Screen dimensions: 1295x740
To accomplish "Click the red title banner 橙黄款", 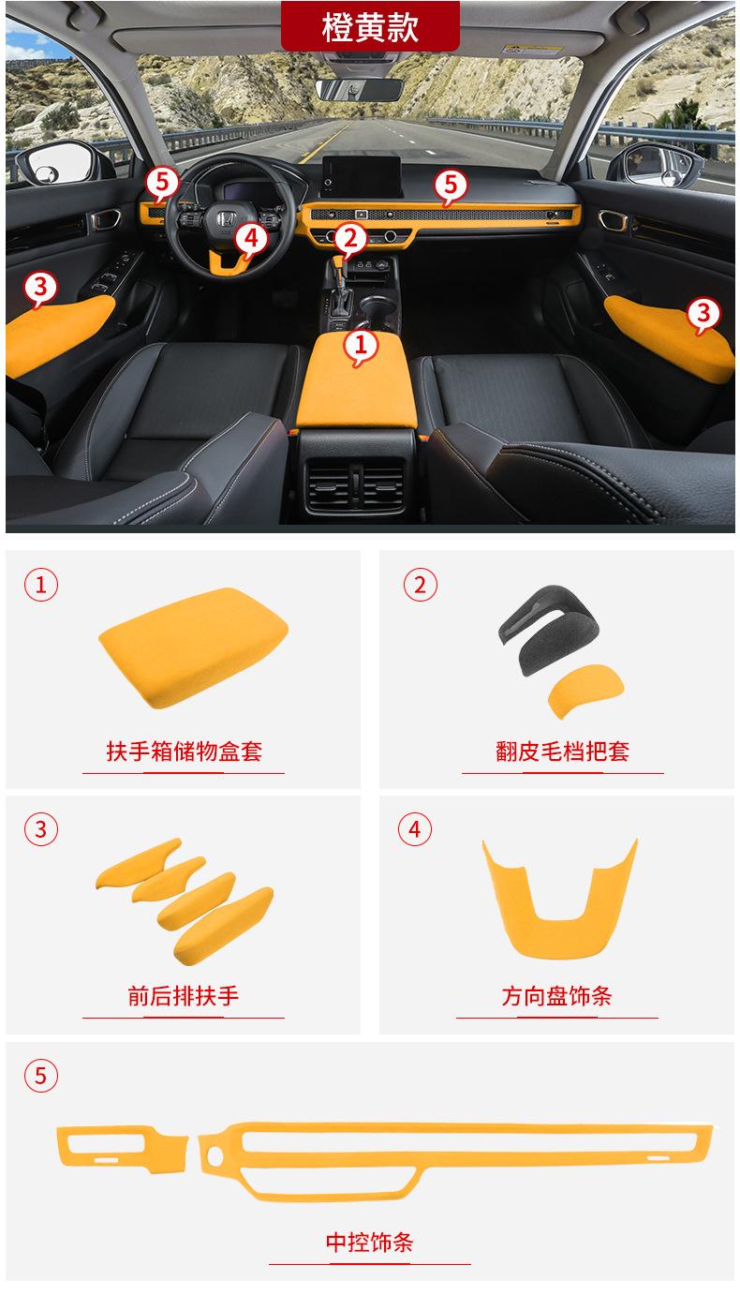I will [370, 26].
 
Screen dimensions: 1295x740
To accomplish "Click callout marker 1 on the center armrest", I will [361, 347].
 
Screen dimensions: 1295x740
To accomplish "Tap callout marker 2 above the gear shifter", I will [350, 240].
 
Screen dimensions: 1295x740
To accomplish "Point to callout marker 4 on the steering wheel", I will [249, 240].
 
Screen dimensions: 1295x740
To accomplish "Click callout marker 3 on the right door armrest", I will [704, 314].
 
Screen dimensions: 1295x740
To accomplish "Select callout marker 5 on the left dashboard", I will [161, 181].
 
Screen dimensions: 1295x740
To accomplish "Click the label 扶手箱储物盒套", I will [184, 752].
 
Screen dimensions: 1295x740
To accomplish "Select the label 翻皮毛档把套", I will [562, 752].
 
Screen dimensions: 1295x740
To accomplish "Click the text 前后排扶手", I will [184, 995].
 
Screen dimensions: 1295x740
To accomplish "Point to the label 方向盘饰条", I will [556, 995].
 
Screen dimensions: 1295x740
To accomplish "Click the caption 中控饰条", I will [369, 1243].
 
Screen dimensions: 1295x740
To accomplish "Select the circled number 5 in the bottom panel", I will [40, 1075].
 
